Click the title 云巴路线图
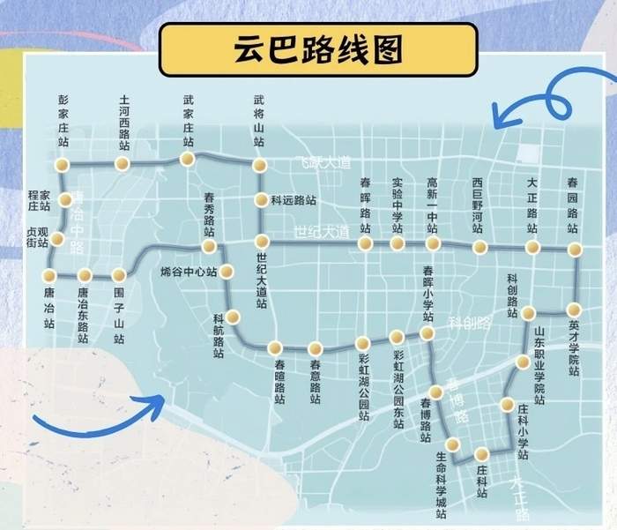point(318,49)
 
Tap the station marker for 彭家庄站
point(62,165)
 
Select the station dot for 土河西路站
point(123,164)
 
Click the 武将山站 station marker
point(259,165)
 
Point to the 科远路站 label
point(294,200)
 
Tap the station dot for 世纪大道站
point(261,241)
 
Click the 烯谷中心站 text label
point(189,272)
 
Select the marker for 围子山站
point(119,276)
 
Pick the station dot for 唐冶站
point(49,275)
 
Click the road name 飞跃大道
point(324,163)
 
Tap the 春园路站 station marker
point(575,250)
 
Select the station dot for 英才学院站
point(574,310)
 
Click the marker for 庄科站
point(481,454)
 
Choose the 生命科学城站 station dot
point(453,444)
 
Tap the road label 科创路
point(468,323)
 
